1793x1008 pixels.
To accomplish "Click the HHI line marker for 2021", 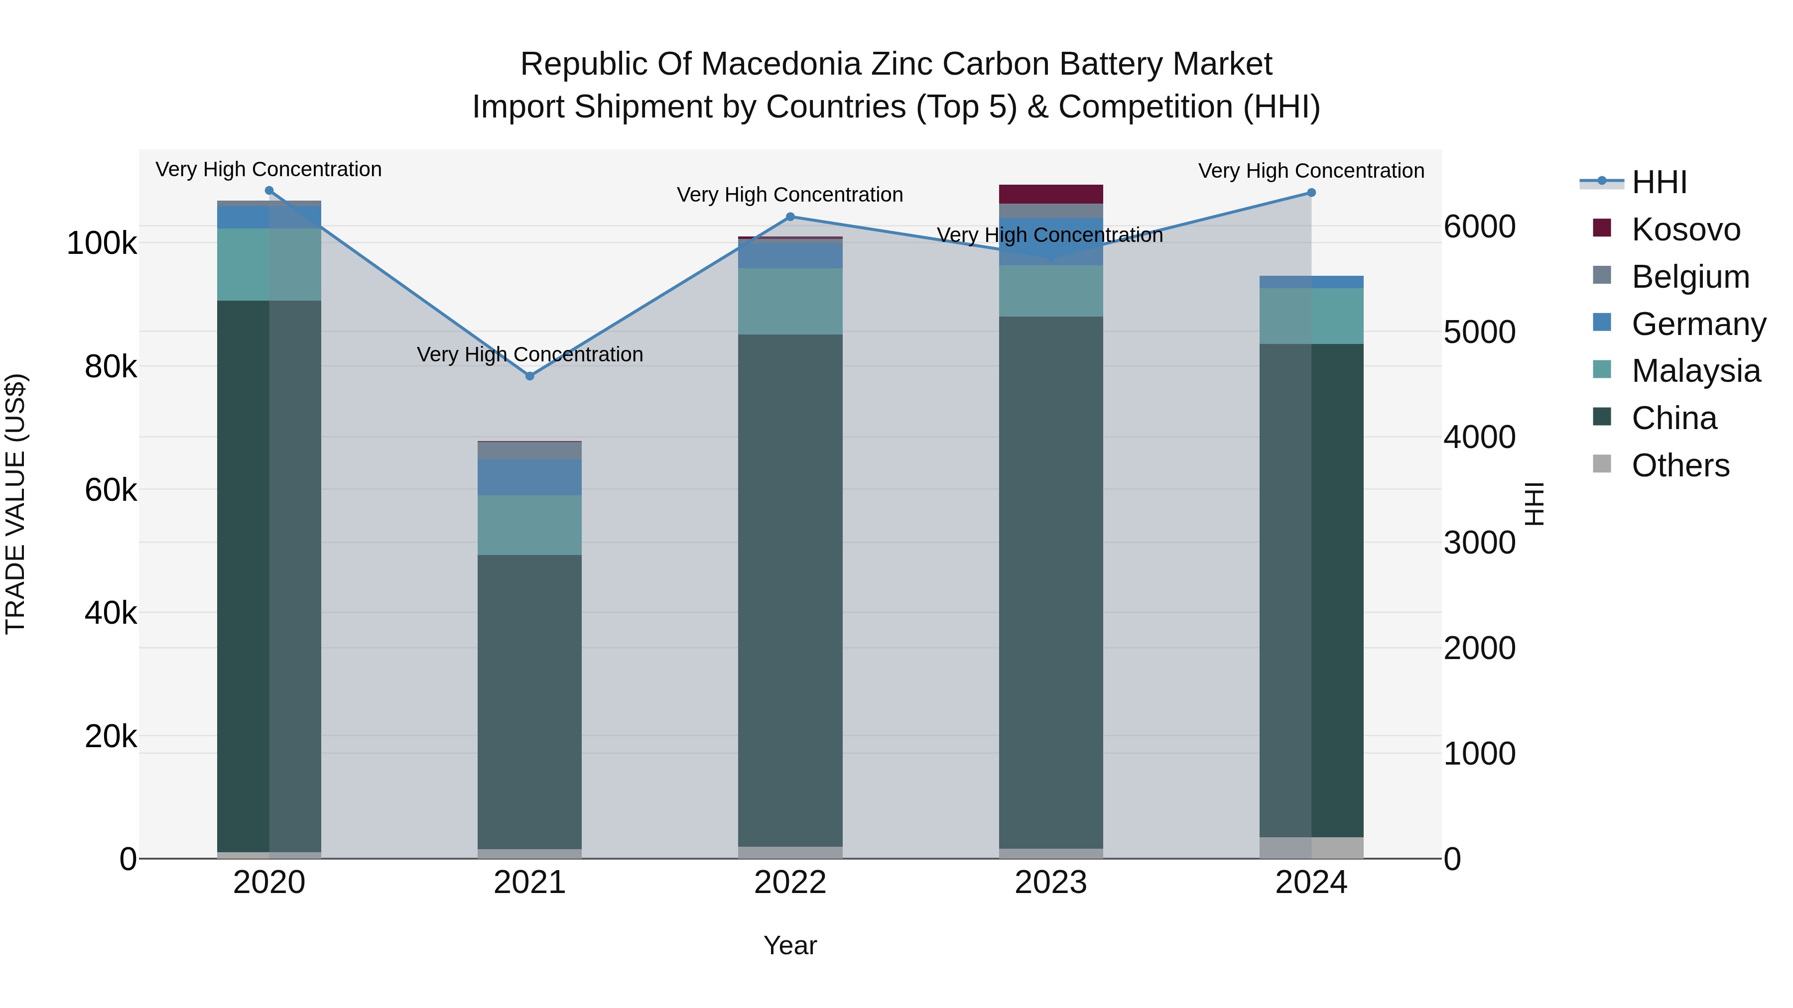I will tap(530, 376).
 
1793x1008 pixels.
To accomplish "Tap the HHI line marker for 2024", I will tap(1311, 193).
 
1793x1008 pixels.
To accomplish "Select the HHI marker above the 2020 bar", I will tap(269, 191).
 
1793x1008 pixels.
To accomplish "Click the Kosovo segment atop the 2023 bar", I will tap(1051, 194).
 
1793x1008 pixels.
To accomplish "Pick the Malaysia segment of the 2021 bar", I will tap(530, 525).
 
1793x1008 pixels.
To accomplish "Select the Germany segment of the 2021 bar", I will tap(530, 477).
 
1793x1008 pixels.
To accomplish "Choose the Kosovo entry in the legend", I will tap(1685, 229).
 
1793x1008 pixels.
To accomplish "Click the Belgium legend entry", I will tap(1690, 277).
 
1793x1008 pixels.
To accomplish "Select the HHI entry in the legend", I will tap(1659, 182).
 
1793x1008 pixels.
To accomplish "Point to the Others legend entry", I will tap(1679, 465).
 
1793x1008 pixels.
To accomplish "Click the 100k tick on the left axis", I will tap(102, 243).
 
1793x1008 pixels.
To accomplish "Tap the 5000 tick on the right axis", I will tap(1479, 332).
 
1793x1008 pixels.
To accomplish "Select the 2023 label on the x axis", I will tap(1050, 883).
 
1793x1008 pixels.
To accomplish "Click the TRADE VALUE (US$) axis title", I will tap(15, 504).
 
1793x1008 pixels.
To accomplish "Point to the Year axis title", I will tap(790, 945).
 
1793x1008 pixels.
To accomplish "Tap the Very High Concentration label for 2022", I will tap(790, 195).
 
